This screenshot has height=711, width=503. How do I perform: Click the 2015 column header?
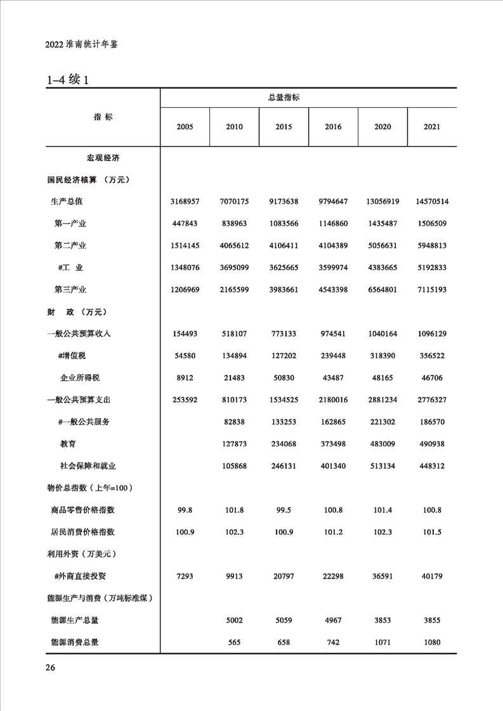point(284,127)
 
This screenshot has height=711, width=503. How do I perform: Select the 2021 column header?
point(432,127)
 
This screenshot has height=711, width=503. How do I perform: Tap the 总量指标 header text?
point(284,98)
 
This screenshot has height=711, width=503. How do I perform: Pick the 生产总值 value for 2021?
point(432,202)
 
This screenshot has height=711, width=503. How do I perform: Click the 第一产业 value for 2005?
point(185,224)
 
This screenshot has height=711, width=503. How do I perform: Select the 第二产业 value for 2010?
point(234,246)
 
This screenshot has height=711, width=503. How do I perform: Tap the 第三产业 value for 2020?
point(382,290)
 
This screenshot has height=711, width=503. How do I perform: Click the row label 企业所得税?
point(80,378)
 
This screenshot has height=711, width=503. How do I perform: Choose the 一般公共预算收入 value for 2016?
point(333,333)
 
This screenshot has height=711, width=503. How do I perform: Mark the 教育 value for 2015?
point(284,444)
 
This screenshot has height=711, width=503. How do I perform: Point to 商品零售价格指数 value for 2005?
point(185,509)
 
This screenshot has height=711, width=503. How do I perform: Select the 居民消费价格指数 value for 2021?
point(432,532)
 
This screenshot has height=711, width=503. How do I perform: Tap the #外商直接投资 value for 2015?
point(284,576)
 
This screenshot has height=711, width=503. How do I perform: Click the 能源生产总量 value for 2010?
point(234,620)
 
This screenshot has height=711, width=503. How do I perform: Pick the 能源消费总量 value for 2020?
point(382,642)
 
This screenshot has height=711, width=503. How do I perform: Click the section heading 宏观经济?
point(103,157)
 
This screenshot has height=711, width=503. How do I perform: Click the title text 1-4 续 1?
point(70,80)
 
